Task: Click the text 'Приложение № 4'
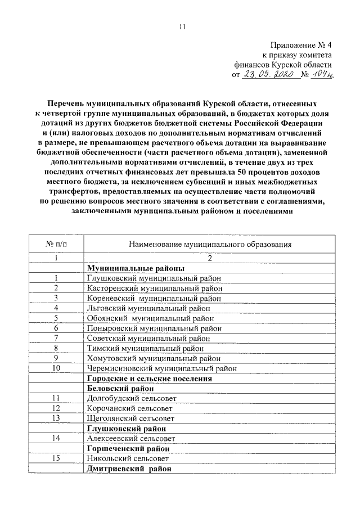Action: tap(301, 45)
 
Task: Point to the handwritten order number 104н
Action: tap(322, 75)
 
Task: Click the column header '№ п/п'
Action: tap(56, 245)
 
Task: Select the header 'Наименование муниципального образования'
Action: tap(210, 245)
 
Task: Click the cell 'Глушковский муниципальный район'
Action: tap(154, 278)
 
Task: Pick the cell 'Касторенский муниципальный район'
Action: tap(155, 288)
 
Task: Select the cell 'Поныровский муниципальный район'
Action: tap(154, 328)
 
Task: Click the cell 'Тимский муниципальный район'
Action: tap(145, 348)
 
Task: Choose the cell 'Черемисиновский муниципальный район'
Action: tap(161, 368)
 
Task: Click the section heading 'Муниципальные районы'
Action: tap(136, 268)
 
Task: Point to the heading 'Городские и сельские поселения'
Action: tap(149, 379)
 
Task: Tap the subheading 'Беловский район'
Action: tap(121, 389)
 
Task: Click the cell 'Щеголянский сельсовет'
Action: tap(131, 418)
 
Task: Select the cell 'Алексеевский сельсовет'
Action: tap(131, 439)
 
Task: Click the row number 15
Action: tap(56, 459)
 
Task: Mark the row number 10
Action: tap(56, 368)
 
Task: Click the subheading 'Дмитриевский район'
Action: tap(129, 469)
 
